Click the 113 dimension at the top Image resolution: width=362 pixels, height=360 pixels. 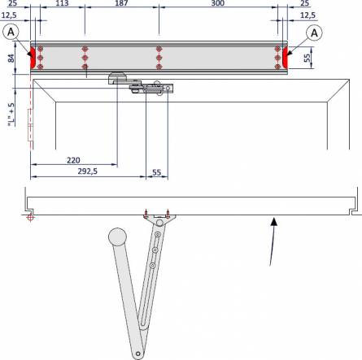pyautogui.click(x=61, y=4)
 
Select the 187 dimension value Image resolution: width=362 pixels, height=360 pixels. pyautogui.click(x=121, y=4)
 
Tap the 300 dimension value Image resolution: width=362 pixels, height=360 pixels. pyautogui.click(x=217, y=4)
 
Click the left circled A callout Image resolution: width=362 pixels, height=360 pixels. pyautogui.click(x=11, y=32)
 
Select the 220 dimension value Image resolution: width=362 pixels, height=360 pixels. pyautogui.click(x=73, y=160)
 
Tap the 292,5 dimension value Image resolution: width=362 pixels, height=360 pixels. pyautogui.click(x=87, y=171)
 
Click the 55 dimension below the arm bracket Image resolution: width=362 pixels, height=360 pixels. pyautogui.click(x=157, y=171)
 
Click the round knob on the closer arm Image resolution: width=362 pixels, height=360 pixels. pyautogui.click(x=117, y=236)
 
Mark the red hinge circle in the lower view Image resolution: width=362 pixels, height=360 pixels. pyautogui.click(x=29, y=217)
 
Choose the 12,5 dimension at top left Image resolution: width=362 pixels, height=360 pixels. pyautogui.click(x=11, y=15)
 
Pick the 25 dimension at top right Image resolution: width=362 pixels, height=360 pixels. pyautogui.click(x=303, y=4)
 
